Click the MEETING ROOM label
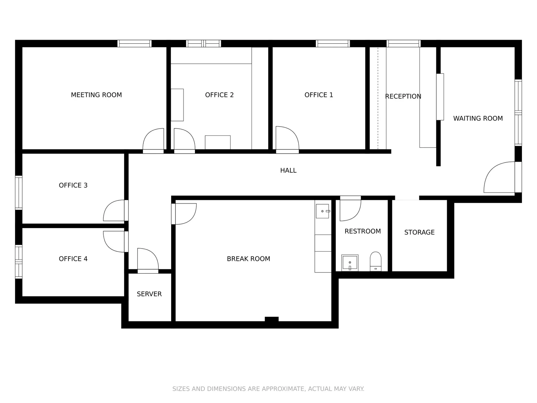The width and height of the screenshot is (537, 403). pyautogui.click(x=96, y=95)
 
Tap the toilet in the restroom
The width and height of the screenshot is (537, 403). pyautogui.click(x=376, y=261)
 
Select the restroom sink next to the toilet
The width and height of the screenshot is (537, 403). pyautogui.click(x=350, y=263)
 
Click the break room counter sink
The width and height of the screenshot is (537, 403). pyautogui.click(x=323, y=211)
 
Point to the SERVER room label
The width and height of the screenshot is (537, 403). pyautogui.click(x=149, y=294)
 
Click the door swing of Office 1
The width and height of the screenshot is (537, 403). pyautogui.click(x=286, y=138)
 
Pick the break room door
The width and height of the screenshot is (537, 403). pyautogui.click(x=185, y=214)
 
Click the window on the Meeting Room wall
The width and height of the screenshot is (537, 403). pyautogui.click(x=134, y=43)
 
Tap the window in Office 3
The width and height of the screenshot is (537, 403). pyautogui.click(x=19, y=193)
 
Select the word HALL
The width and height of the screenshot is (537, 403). pyautogui.click(x=288, y=171)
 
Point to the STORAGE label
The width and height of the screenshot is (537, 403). pyautogui.click(x=419, y=232)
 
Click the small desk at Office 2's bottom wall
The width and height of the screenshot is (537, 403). pyautogui.click(x=217, y=142)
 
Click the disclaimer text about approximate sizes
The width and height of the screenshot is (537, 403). pyautogui.click(x=268, y=389)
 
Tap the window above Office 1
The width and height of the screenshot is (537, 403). pyautogui.click(x=333, y=43)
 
